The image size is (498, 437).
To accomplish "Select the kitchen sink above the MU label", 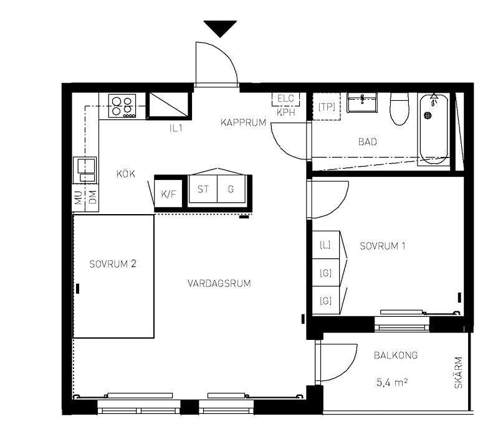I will point(85,169).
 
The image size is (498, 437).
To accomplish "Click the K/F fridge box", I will point(168,194).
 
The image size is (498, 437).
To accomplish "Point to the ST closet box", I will point(203,189).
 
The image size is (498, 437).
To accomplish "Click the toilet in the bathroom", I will point(398,108).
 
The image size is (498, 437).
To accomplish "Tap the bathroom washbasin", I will point(362,102).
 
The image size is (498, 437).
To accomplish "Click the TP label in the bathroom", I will point(327,107).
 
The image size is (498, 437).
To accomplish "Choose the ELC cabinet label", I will point(285,98).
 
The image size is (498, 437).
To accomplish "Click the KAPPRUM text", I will point(243,123).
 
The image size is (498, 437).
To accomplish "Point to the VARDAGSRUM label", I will point(219,283).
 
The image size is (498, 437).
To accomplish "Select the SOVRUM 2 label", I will point(112,263).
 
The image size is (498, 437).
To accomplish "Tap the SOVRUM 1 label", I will point(383,246).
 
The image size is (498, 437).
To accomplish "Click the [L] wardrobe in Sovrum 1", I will point(325,245).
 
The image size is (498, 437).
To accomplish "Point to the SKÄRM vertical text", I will point(459,372).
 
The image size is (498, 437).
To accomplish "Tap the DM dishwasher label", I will point(92,198).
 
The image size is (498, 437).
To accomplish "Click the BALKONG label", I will point(395,355).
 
